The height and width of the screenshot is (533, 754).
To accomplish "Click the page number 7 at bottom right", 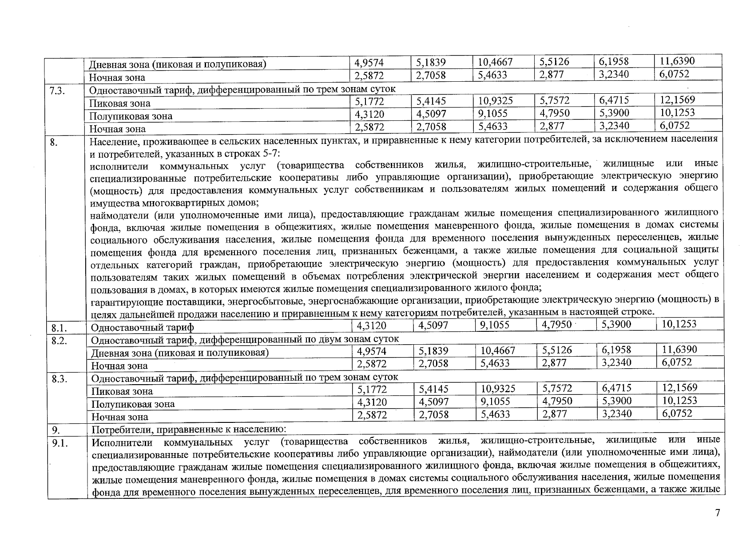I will [x=717, y=513].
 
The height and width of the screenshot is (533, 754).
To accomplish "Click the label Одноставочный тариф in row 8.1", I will [x=142, y=328].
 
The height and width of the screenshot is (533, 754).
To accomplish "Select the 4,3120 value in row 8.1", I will [x=372, y=326].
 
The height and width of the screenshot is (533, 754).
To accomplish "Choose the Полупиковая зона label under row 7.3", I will [x=131, y=116].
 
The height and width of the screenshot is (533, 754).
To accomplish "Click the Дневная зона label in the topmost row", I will [x=177, y=64].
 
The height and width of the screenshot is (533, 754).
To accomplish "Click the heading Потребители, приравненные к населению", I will [x=189, y=430].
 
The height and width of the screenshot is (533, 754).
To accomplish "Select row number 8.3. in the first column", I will [x=59, y=379].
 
